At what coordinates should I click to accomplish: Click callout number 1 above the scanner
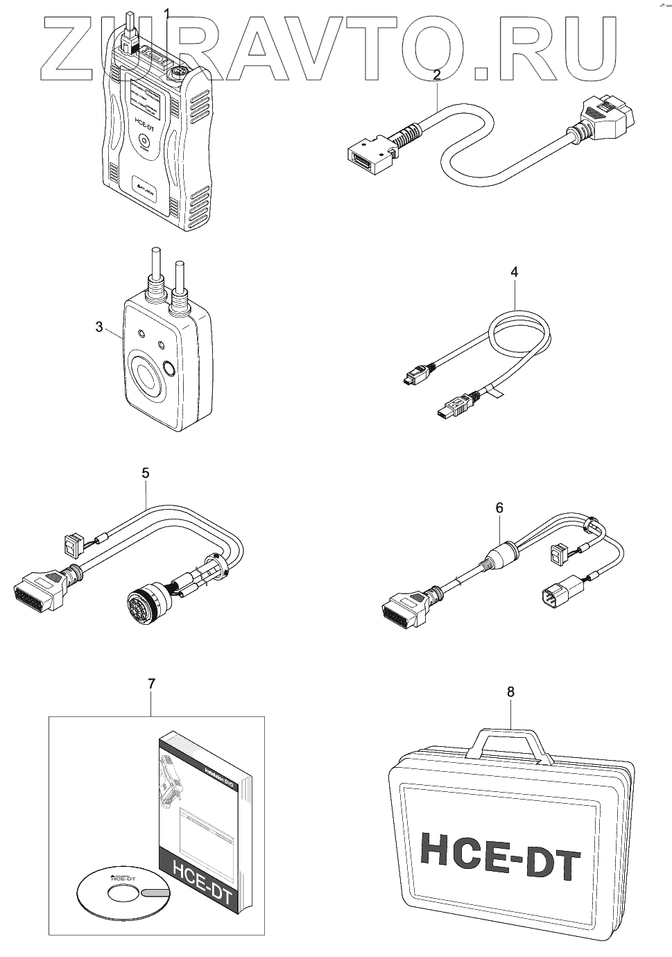point(166,12)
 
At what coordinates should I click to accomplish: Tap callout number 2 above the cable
point(436,75)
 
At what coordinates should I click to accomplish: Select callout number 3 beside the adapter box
point(100,326)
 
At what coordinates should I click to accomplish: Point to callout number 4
point(514,271)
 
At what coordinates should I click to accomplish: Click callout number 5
point(145,473)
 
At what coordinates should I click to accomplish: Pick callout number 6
point(499,508)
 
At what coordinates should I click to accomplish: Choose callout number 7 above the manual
point(151,683)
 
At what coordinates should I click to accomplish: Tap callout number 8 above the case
point(511,691)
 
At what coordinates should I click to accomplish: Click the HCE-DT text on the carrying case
point(499,853)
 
